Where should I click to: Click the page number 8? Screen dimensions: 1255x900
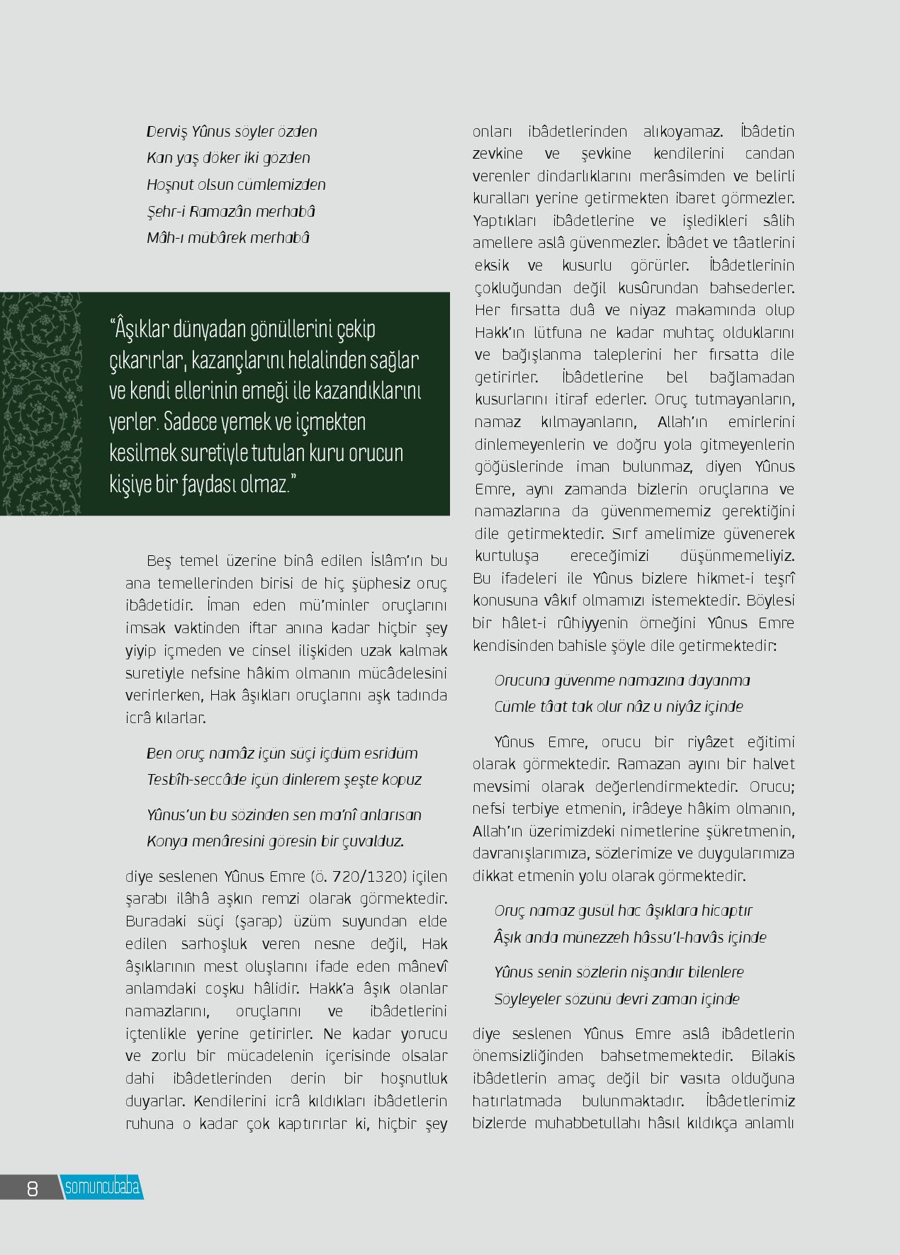[32, 1188]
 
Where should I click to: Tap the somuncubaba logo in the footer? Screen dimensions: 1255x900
[102, 1188]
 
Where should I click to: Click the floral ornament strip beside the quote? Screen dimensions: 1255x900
[40, 404]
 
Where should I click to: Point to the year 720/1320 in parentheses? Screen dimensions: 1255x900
[362, 877]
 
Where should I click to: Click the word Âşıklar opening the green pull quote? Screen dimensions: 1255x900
[141, 329]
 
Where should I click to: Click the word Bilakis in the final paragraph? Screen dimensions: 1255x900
[772, 1056]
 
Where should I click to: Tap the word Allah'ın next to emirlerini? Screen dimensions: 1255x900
[682, 422]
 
